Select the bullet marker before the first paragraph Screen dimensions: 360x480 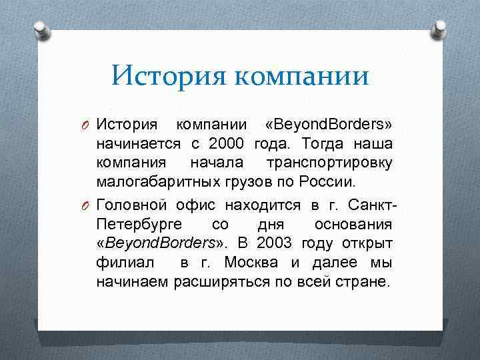[87, 125]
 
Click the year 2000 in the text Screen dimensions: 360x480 [227, 144]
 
